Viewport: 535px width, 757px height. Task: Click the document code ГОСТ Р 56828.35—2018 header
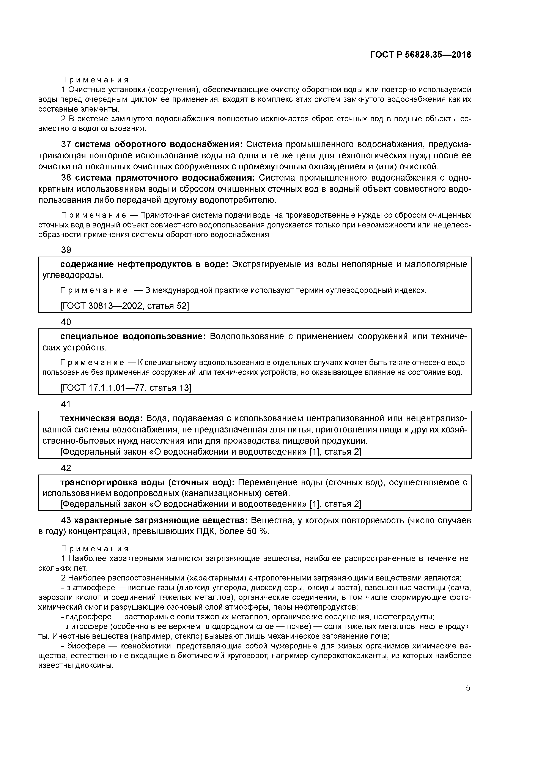click(420, 55)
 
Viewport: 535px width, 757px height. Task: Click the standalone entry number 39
click(66, 250)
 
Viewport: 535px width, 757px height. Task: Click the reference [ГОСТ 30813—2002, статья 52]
click(124, 306)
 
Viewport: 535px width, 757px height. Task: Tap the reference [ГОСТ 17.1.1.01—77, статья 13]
click(126, 388)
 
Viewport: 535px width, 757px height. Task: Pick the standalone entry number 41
click(66, 404)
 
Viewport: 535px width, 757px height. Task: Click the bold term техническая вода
click(101, 418)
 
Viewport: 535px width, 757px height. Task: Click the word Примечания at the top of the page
click(95, 80)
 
